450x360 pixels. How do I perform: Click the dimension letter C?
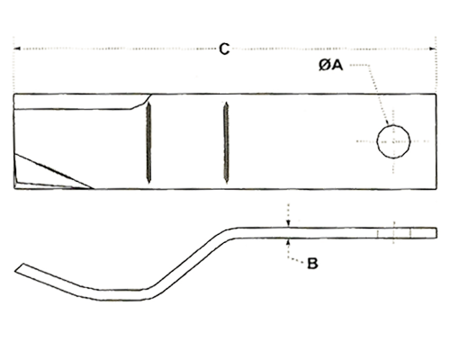[x=224, y=49]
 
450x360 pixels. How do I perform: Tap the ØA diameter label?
[x=330, y=66]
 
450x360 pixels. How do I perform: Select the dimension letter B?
[x=312, y=264]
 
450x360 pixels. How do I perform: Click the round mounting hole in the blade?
[x=393, y=141]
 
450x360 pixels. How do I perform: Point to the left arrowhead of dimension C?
[x=17, y=49]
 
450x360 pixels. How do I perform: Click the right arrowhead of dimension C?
[x=433, y=49]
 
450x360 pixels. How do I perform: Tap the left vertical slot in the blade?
[x=148, y=142]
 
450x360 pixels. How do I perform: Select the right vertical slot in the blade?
[x=226, y=142]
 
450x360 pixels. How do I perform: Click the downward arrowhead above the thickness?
[x=288, y=223]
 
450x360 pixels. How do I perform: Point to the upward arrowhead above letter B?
[x=288, y=242]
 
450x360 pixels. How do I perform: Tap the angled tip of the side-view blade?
[x=19, y=268]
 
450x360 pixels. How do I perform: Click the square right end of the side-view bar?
[x=436, y=233]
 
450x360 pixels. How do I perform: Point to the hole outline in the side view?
[x=394, y=233]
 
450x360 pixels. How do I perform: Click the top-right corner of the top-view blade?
[x=436, y=94]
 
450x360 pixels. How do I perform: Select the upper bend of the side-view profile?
[x=232, y=233]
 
